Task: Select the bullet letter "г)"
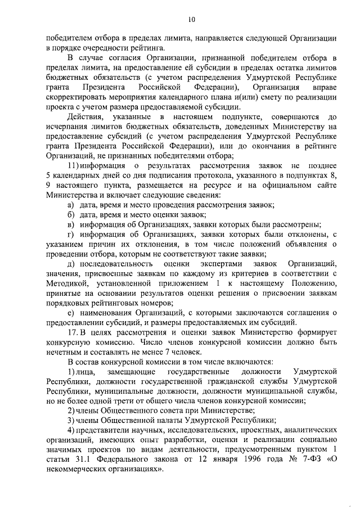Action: pyautogui.click(x=70, y=233)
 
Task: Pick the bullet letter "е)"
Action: pyautogui.click(x=71, y=312)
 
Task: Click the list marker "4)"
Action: pyautogui.click(x=71, y=431)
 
